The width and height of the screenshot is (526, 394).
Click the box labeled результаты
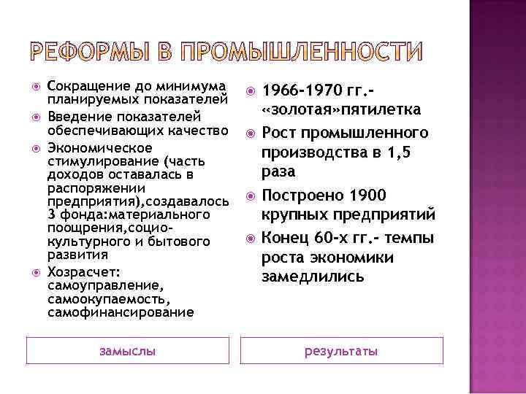[341, 351]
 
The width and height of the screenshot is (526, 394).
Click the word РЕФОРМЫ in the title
[97, 52]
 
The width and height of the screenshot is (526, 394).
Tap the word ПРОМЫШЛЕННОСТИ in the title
[301, 52]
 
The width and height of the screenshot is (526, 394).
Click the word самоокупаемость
[107, 299]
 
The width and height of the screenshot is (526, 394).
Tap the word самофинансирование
[121, 312]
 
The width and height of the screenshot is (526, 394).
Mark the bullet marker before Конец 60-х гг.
[248, 237]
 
